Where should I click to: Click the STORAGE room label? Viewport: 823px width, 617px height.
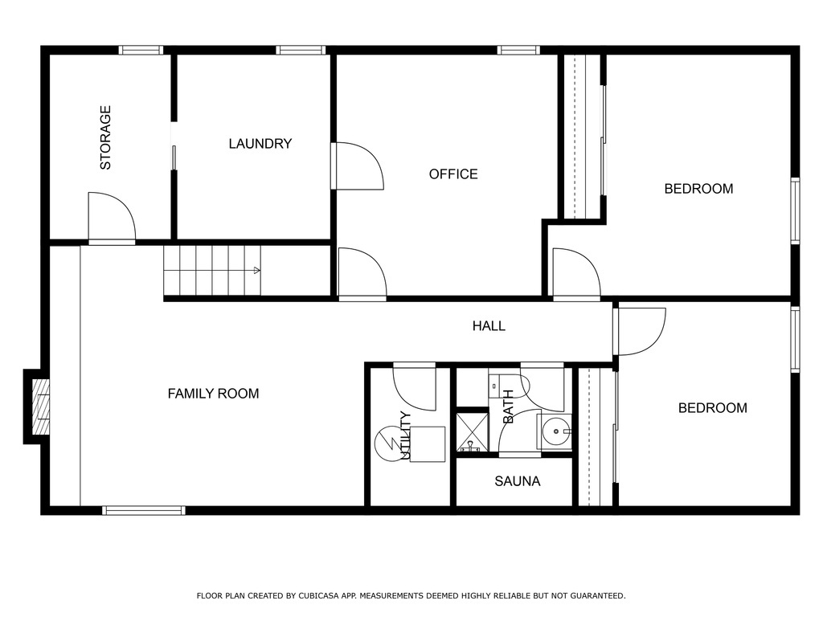(105, 137)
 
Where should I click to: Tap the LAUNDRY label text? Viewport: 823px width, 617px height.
(260, 144)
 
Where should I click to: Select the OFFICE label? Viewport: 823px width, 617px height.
(453, 174)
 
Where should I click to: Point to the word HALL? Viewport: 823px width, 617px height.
(489, 325)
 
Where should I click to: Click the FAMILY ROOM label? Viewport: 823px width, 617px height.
(213, 394)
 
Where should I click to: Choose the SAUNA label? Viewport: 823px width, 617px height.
(517, 482)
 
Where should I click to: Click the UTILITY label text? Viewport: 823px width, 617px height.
(406, 435)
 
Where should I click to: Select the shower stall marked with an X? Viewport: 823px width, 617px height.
(472, 431)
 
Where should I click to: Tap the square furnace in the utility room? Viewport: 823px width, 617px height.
(428, 444)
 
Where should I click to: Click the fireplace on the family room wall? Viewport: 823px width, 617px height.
(38, 406)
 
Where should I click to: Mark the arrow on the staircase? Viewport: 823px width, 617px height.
(256, 271)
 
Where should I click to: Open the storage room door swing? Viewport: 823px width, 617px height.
(111, 217)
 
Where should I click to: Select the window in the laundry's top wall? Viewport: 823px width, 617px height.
(301, 50)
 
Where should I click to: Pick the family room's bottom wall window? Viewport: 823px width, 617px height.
(144, 510)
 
